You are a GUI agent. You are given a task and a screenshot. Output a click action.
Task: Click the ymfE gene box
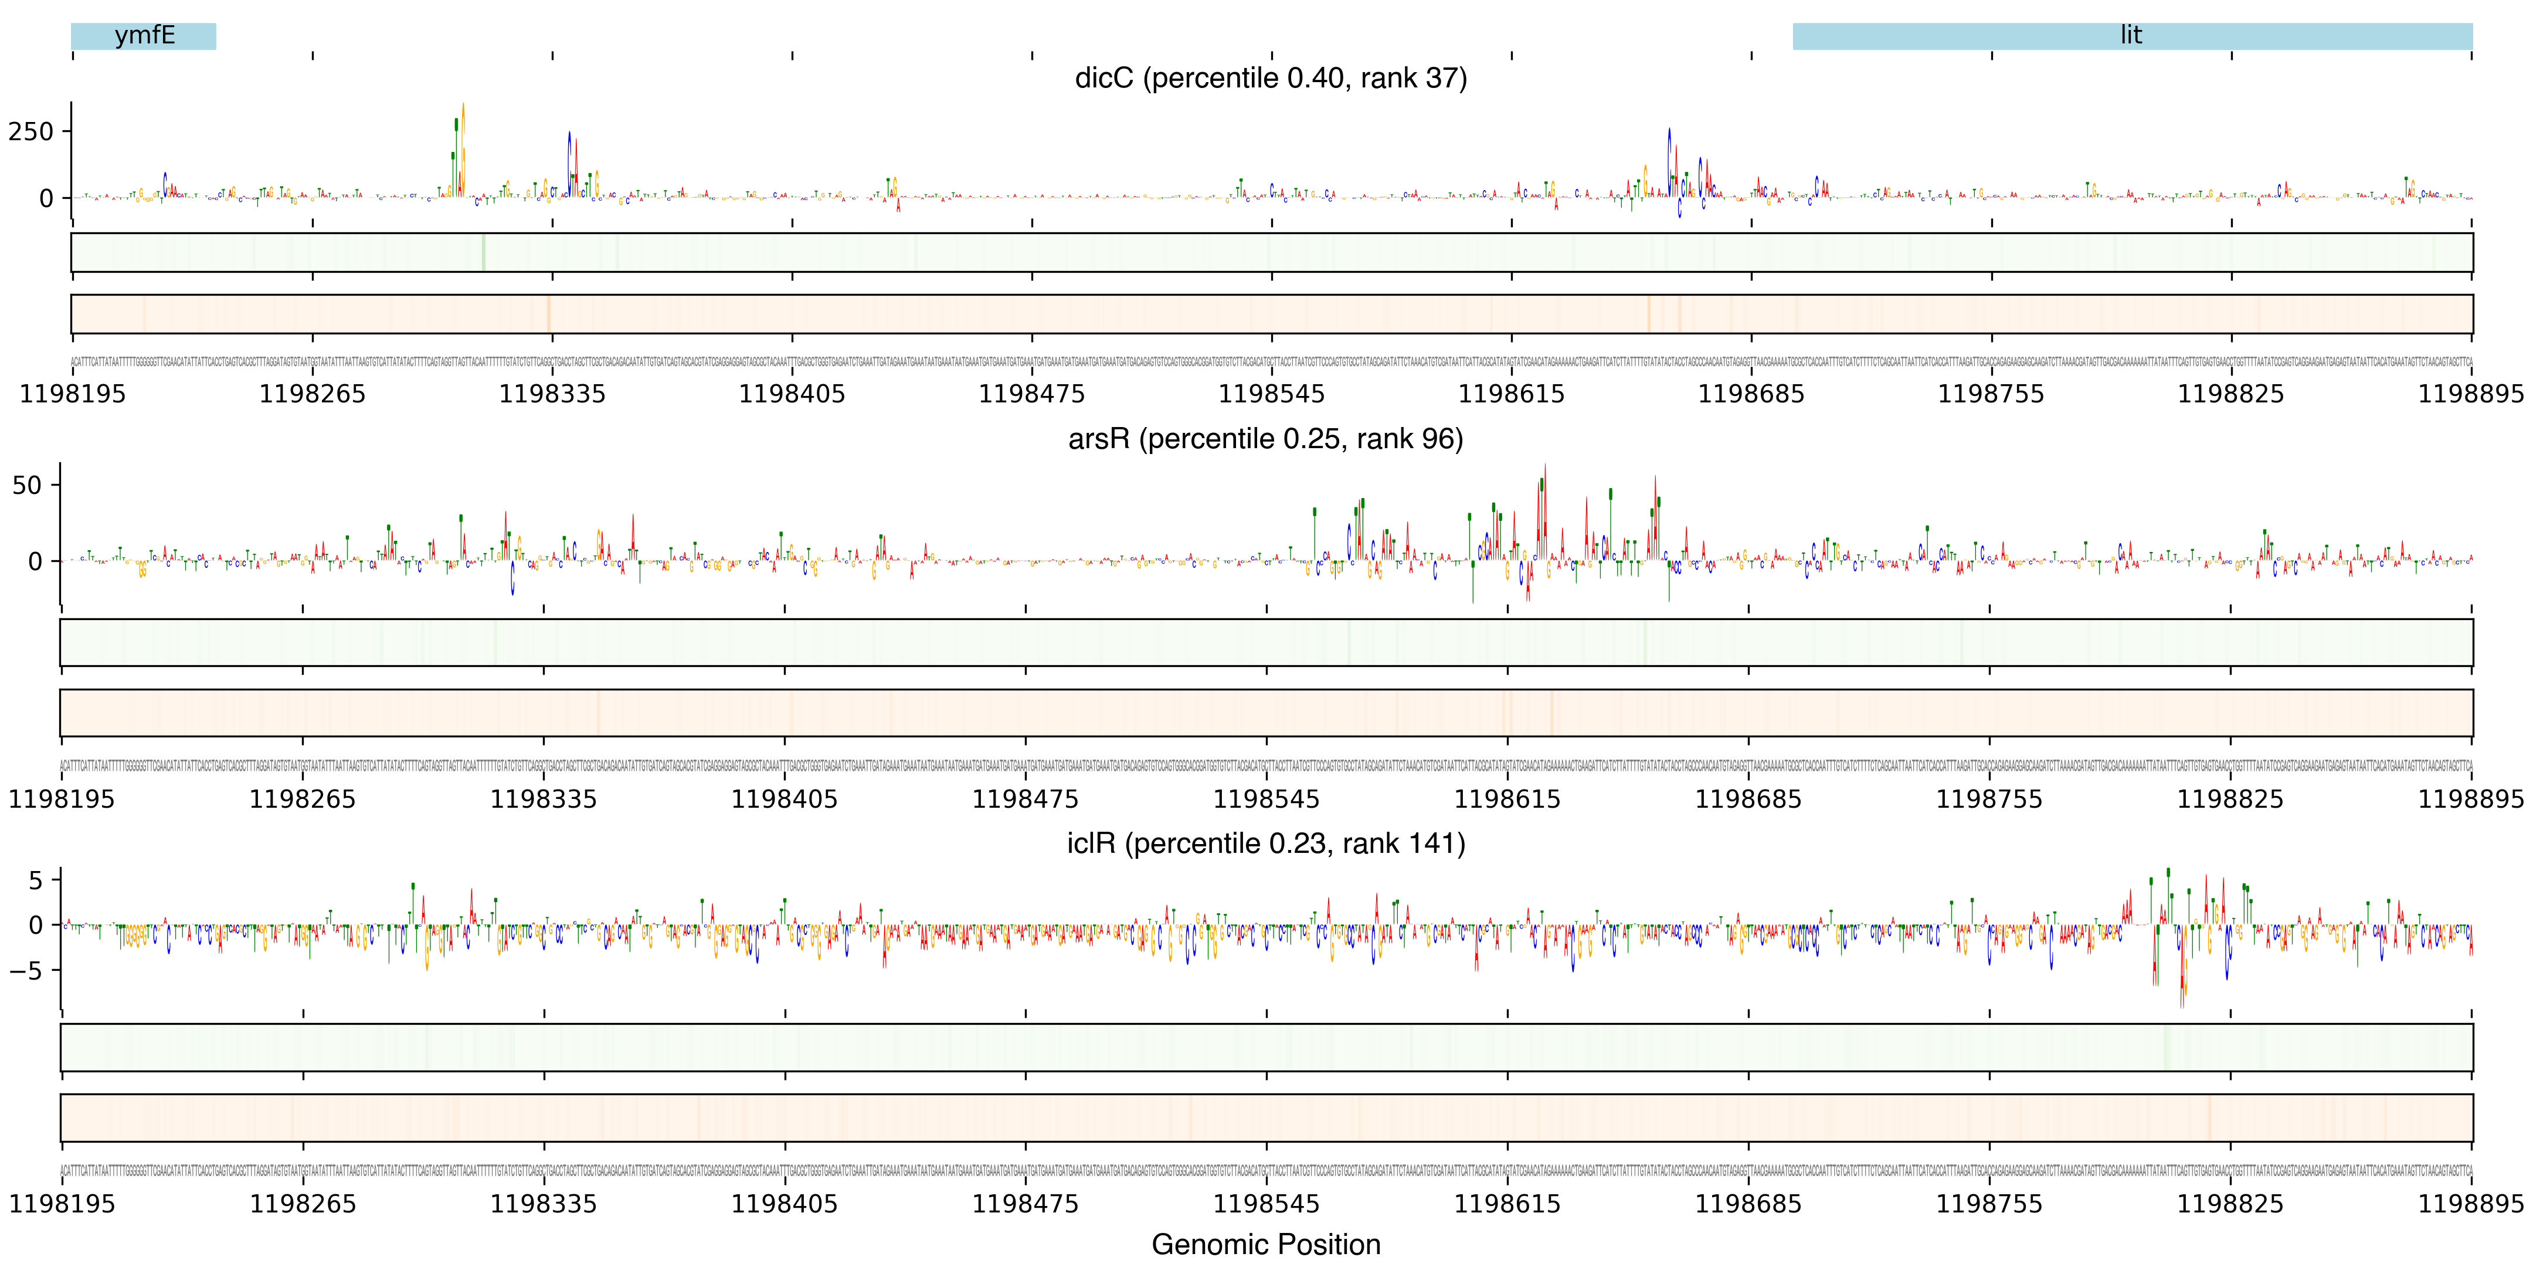[144, 36]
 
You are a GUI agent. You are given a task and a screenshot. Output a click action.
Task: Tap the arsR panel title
[1265, 439]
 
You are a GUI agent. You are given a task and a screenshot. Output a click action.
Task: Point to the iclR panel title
[1265, 844]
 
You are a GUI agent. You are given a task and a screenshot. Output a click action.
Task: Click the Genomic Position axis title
[1265, 1244]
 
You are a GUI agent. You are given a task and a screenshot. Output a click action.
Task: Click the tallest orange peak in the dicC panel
[463, 118]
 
